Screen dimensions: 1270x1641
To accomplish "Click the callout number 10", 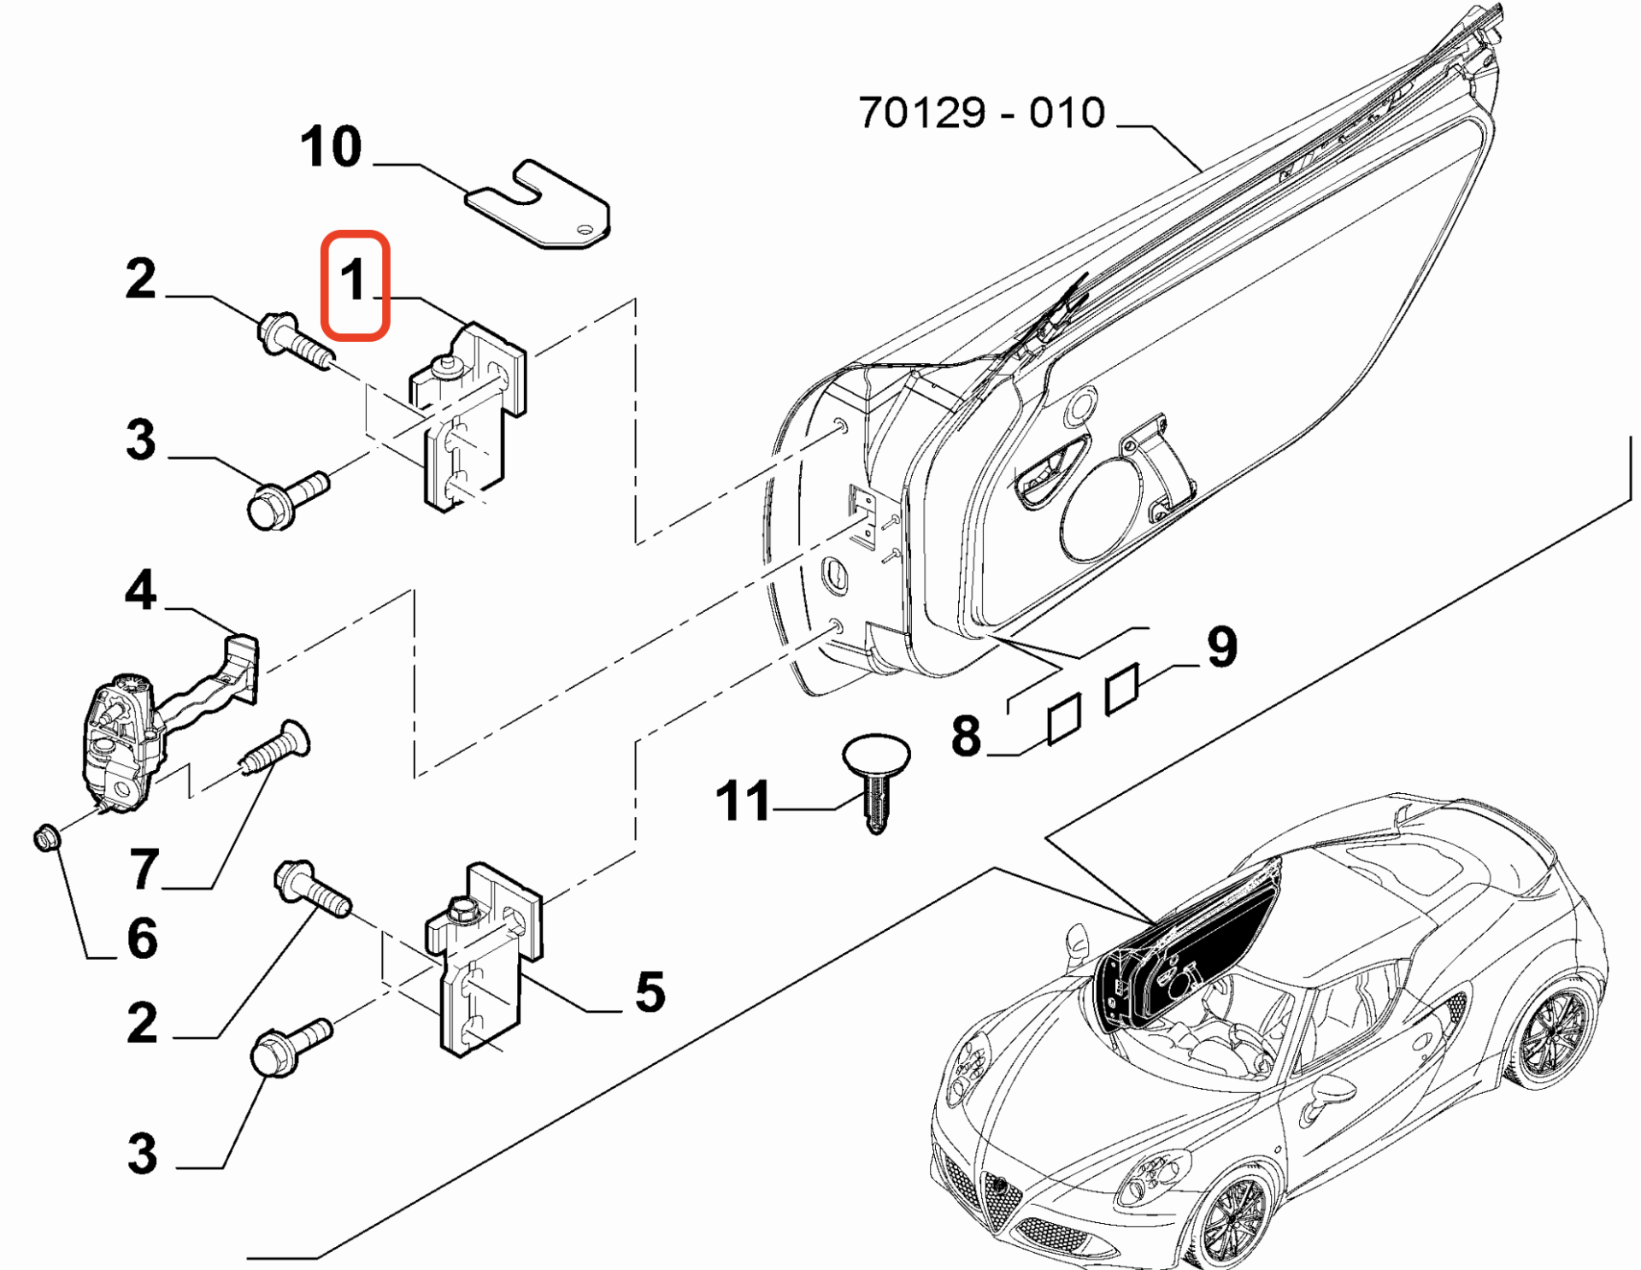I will pos(331,147).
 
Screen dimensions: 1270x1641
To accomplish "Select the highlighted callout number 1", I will pos(355,282).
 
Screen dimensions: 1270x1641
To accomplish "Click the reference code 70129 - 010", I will pos(981,113).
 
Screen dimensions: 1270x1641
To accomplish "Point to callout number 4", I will pos(141,591).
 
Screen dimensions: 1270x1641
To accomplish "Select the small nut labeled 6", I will pos(46,838).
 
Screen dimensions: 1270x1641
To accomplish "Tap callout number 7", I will pos(144,869).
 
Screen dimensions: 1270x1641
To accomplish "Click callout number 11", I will pos(742,802).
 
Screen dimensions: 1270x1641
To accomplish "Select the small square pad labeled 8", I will pos(1064,719).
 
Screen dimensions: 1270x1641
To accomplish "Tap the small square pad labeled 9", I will pos(1121,689).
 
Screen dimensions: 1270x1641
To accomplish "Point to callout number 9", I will pos(1222,647).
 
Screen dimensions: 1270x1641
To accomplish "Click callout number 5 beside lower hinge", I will pos(650,992).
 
